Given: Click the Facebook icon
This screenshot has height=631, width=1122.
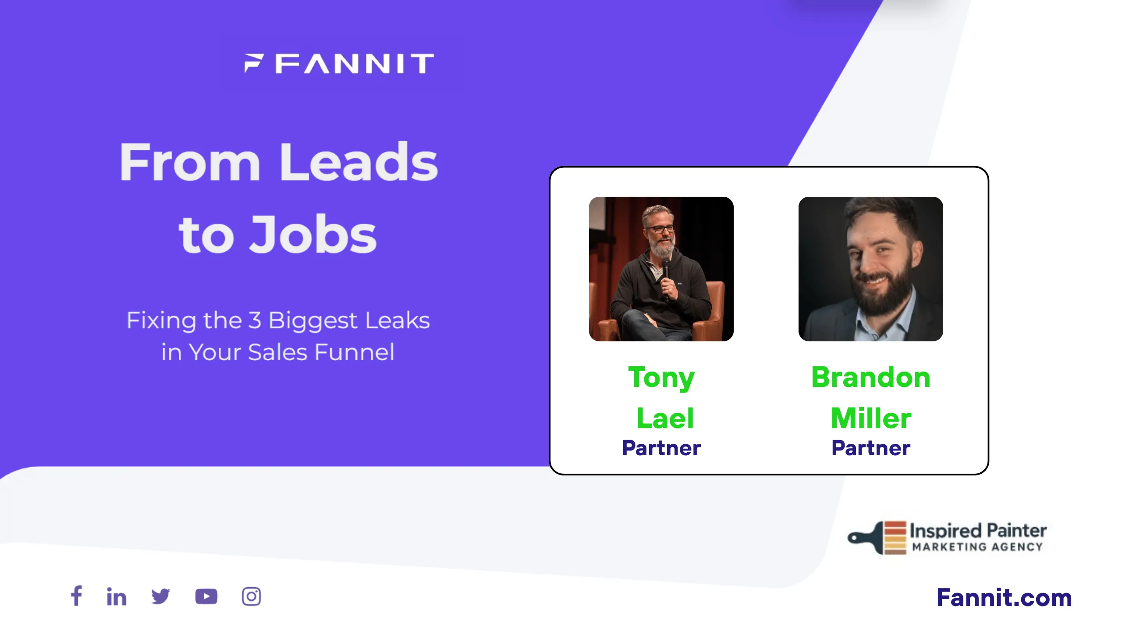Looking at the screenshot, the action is [77, 596].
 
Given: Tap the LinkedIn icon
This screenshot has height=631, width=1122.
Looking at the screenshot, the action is [117, 596].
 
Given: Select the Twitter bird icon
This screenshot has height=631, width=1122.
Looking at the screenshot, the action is [160, 596].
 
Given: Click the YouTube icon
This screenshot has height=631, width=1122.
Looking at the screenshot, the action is [206, 596].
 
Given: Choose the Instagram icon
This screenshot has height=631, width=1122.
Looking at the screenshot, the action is [251, 596].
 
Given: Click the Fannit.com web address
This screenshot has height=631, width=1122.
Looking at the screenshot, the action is [1004, 597].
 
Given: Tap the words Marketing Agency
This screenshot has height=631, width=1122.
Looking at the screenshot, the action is [977, 547].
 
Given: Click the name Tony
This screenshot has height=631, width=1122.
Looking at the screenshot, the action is [661, 378].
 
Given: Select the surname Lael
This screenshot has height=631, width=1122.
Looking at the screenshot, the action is [665, 418].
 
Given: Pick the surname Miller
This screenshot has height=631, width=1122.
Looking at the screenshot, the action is [871, 418].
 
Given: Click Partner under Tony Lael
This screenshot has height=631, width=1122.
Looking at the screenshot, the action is [661, 448].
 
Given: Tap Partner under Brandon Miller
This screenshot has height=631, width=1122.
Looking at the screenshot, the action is [871, 448].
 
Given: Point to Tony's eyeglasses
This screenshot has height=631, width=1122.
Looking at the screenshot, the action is [660, 228].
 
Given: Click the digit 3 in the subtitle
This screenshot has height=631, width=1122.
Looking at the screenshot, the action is [255, 320].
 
